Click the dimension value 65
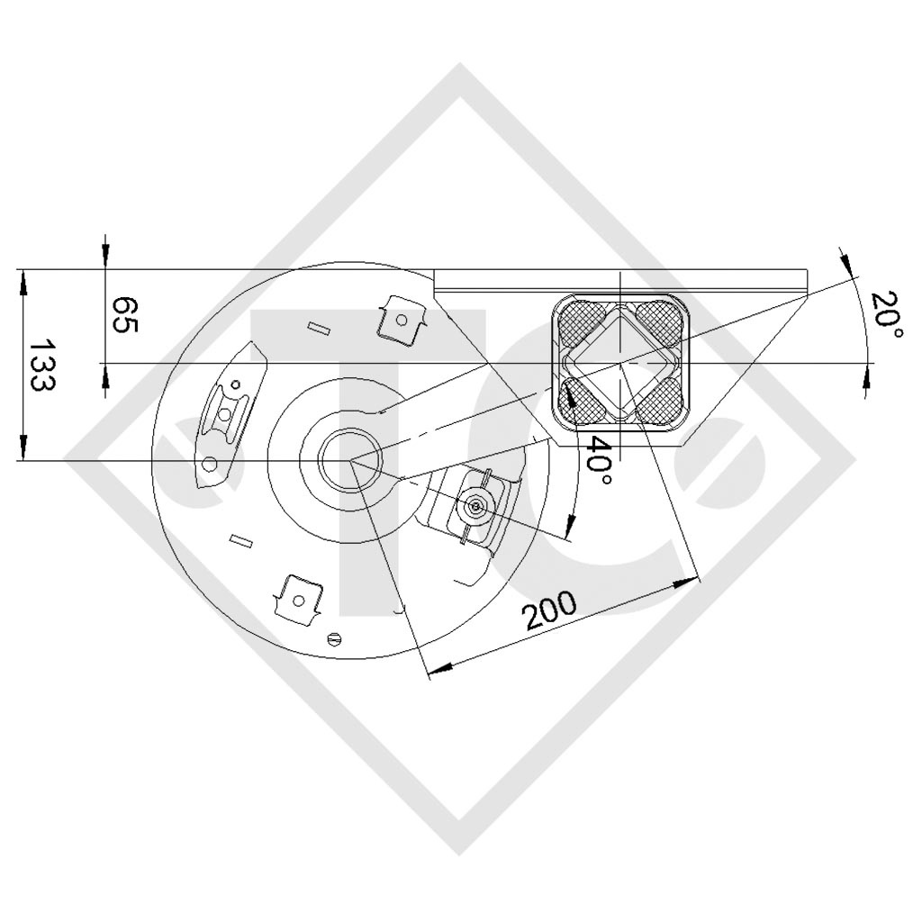[124, 315]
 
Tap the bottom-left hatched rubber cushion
[583, 400]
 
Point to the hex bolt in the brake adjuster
[475, 507]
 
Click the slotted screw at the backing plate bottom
[336, 639]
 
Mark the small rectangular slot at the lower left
[240, 540]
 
